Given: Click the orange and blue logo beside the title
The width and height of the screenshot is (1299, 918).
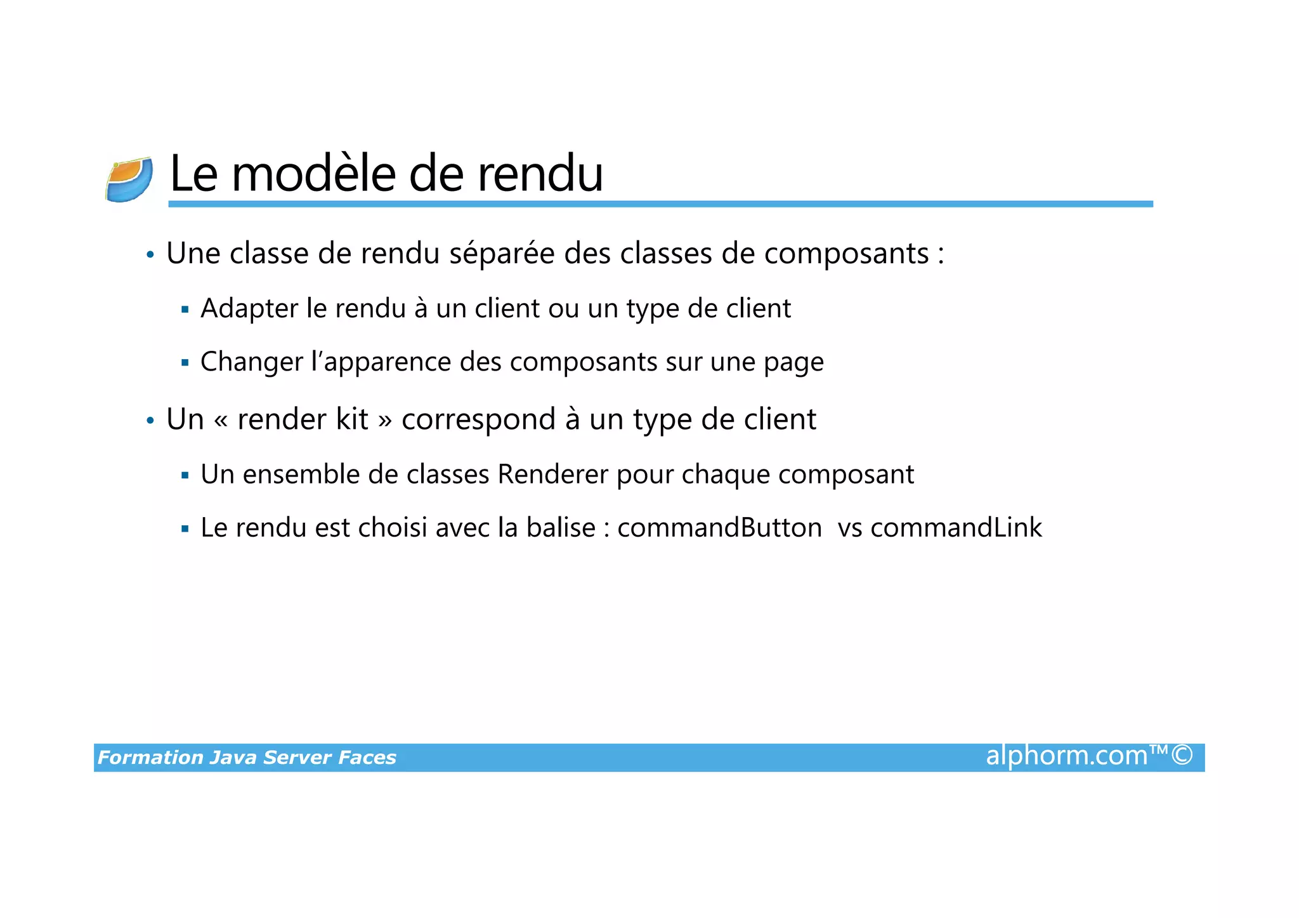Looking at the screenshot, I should (x=129, y=180).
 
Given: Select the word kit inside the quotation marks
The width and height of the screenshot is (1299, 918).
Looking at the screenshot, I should (x=352, y=419).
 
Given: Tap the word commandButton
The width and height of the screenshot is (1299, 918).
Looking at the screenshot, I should (x=719, y=528).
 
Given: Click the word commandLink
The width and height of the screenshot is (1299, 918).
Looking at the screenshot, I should (x=956, y=528).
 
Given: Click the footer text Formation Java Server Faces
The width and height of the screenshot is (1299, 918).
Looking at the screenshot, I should (x=247, y=757).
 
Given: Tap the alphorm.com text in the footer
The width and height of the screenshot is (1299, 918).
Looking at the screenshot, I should (x=1067, y=756).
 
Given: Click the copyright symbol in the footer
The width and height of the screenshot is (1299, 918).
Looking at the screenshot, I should (x=1182, y=755).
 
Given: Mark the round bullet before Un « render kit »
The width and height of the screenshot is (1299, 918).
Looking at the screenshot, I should (x=150, y=421).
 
